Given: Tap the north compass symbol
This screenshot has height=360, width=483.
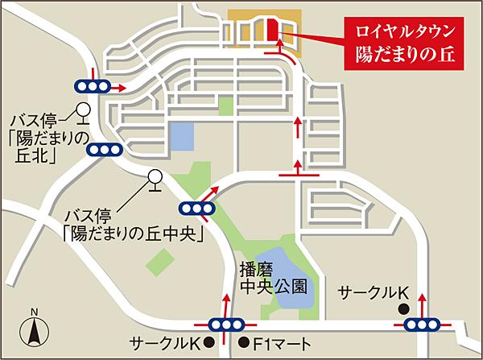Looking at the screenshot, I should [x=34, y=328].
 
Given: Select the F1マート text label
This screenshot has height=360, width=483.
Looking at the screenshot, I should [x=283, y=343].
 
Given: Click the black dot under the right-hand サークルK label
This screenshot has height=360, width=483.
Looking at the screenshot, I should [x=402, y=307].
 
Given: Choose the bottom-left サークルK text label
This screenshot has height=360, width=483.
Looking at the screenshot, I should [x=166, y=343].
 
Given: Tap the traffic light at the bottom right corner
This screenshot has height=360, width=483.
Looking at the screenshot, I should [x=421, y=325].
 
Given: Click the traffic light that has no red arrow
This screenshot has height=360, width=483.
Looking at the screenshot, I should [x=105, y=149].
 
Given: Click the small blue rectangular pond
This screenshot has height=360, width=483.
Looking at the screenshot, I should [x=183, y=138].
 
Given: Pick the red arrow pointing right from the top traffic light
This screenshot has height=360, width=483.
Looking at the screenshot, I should [x=118, y=86].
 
